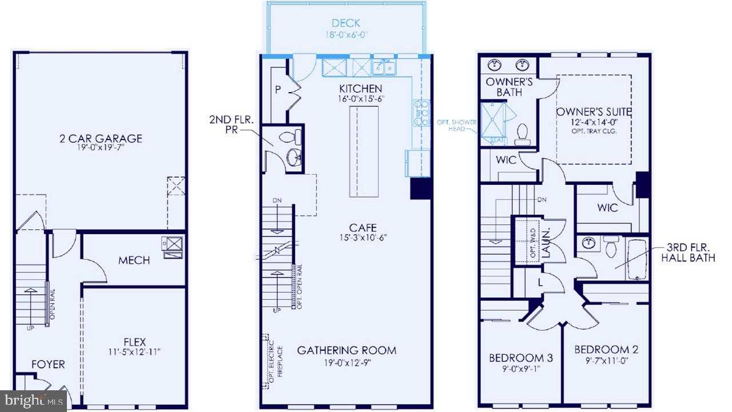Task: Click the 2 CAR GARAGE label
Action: (x=101, y=138)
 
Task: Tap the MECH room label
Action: (x=134, y=260)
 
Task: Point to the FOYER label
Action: (x=48, y=364)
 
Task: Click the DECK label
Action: (x=346, y=23)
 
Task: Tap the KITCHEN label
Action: (x=360, y=89)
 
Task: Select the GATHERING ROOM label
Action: (x=347, y=350)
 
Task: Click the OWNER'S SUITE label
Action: (x=594, y=111)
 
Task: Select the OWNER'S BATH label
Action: (x=510, y=86)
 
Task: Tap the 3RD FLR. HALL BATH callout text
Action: (x=688, y=253)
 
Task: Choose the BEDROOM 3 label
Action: (x=520, y=358)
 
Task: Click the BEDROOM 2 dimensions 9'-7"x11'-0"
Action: (x=606, y=361)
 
